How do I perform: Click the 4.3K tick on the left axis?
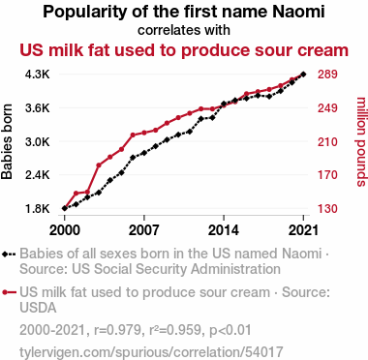pos(38,75)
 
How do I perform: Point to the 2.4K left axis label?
pos(38,175)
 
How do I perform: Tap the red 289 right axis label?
pos(327,75)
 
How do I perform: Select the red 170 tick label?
pos(327,175)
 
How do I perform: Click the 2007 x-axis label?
pos(144,230)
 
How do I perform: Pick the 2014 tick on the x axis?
pos(224,230)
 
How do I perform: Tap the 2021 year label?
pos(303,230)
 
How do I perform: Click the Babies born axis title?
pos(7,141)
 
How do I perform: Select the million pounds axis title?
pos(361,141)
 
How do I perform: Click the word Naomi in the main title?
pos(298,12)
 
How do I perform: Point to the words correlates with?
pos(184,30)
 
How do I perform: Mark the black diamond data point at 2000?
pos(65,208)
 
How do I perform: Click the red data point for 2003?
pos(99,165)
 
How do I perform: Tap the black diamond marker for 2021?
pos(303,75)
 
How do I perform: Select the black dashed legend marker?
pos(9,254)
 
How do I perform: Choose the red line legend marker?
pos(9,292)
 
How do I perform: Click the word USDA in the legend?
pos(38,308)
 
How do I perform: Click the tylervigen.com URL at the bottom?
pos(151,351)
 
